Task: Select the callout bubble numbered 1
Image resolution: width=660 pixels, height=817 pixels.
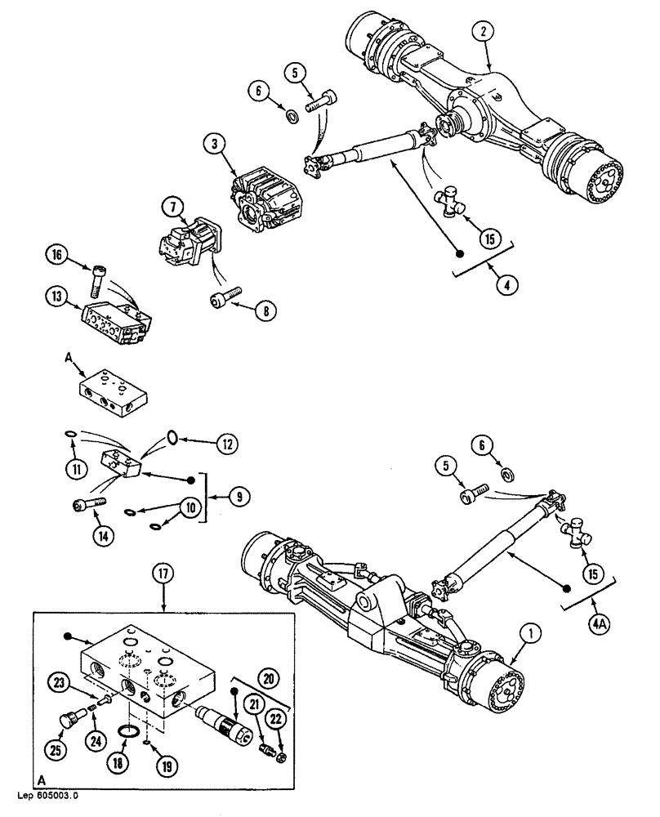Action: [x=533, y=632]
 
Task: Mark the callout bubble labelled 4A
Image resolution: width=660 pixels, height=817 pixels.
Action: [x=598, y=629]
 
